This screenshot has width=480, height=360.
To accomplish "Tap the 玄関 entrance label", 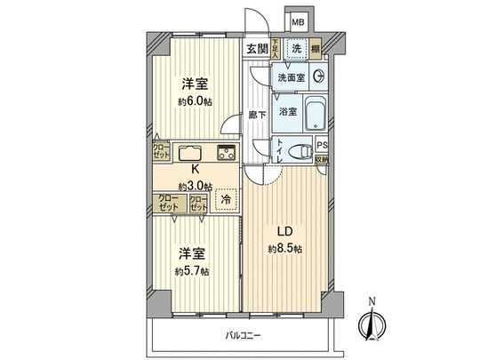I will [255, 49].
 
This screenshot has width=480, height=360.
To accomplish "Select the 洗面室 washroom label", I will [291, 78].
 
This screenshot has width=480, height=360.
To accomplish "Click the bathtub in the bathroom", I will [314, 115].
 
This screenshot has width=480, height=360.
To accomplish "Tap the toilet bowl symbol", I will [303, 149].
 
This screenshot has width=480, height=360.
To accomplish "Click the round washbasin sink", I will [319, 77].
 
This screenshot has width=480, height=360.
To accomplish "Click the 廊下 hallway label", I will [256, 115].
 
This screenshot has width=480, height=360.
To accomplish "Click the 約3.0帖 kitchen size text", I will [194, 185].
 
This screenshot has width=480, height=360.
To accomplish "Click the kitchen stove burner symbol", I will [225, 151].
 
